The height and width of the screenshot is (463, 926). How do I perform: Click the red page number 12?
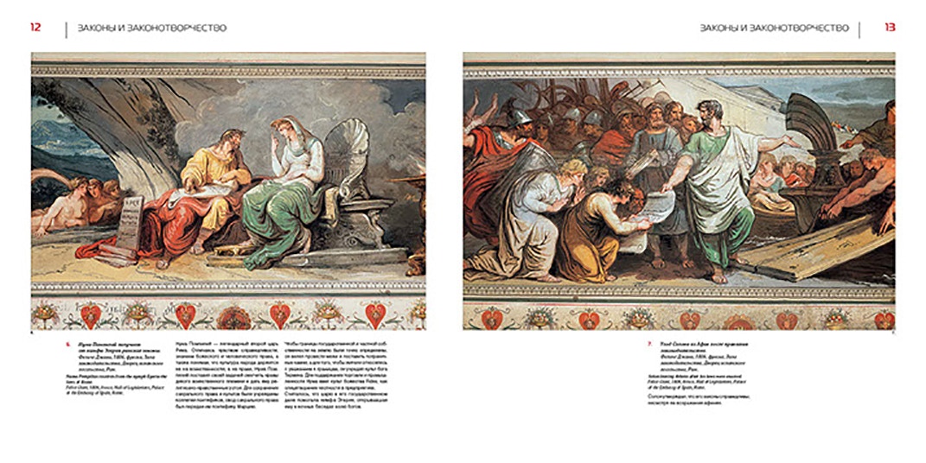[35, 27]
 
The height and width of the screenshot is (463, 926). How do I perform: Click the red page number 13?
[890, 27]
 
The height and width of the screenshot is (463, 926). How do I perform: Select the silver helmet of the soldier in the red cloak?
[518, 116]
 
